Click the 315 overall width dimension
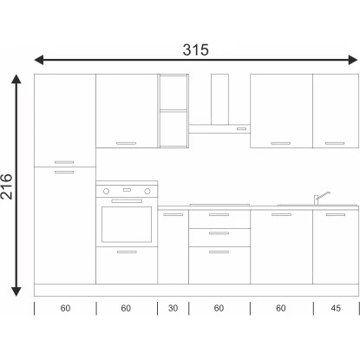pyautogui.click(x=195, y=49)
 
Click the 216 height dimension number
pyautogui.click(x=7, y=187)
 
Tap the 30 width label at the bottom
pyautogui.click(x=173, y=308)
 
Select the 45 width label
pyautogui.click(x=336, y=308)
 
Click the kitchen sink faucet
pyautogui.click(x=321, y=198)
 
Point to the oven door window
pyautogui.click(x=127, y=225)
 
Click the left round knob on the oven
pyautogui.click(x=107, y=191)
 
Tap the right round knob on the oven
pyautogui.click(x=147, y=191)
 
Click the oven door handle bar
pyautogui.click(x=127, y=201)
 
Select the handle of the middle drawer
pyautogui.click(x=219, y=233)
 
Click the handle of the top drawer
pyautogui.click(x=219, y=214)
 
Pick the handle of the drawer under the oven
pyautogui.click(x=127, y=252)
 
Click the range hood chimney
pyautogui.click(x=219, y=99)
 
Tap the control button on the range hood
pyautogui.click(x=241, y=128)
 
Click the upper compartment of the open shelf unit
pyautogui.click(x=173, y=93)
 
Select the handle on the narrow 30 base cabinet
pyautogui.click(x=173, y=214)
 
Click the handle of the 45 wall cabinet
pyautogui.click(x=335, y=143)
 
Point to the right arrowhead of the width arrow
pyautogui.click(x=353, y=60)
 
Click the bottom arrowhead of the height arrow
pyautogui.click(x=16, y=291)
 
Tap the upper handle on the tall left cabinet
pyautogui.click(x=64, y=162)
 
